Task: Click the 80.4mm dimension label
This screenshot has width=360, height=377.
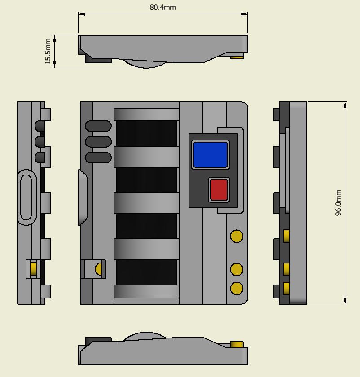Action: (x=162, y=8)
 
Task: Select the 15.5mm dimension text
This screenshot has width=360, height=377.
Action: (x=48, y=52)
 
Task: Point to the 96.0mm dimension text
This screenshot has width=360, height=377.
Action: (x=338, y=203)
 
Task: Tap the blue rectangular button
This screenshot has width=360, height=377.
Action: (x=211, y=154)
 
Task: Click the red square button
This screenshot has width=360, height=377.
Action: (x=219, y=189)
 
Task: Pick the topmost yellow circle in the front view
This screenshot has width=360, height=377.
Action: (x=237, y=236)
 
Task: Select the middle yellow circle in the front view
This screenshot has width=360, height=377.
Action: (x=237, y=269)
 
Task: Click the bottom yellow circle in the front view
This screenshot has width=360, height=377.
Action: (x=237, y=288)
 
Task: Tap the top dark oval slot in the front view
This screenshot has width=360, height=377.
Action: (x=98, y=126)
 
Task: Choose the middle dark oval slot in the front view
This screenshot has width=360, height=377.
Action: (x=98, y=142)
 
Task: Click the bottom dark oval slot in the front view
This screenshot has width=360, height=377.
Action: (x=98, y=158)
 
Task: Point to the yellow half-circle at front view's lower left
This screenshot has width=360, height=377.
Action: (x=98, y=269)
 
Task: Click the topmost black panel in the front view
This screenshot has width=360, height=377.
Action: (x=146, y=133)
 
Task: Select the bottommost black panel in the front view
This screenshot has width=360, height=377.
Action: (x=146, y=272)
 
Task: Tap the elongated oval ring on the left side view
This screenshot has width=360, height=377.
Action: (x=19, y=197)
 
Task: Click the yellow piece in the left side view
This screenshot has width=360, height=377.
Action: (x=33, y=269)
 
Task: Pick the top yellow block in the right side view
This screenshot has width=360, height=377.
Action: (x=286, y=236)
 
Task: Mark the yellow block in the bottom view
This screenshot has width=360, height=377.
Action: (x=237, y=344)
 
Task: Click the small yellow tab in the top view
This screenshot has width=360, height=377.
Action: (x=237, y=57)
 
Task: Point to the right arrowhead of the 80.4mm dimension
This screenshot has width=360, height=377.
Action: (x=244, y=14)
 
